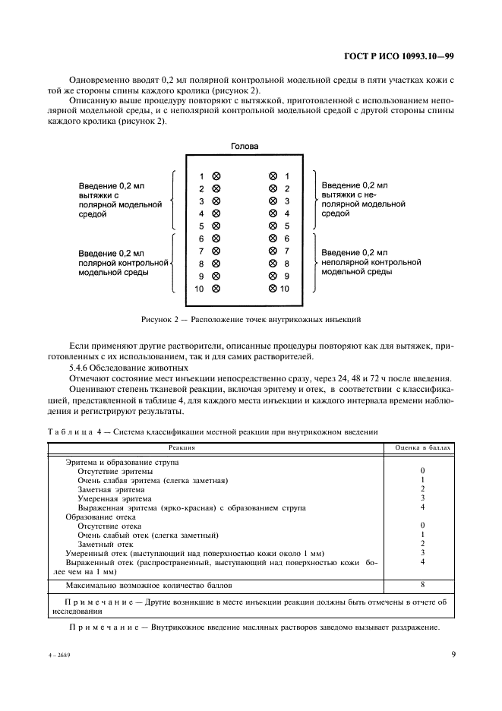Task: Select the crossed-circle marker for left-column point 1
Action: [216, 175]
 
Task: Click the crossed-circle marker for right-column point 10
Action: [273, 289]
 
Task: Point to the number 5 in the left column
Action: [201, 226]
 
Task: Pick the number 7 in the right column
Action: [286, 251]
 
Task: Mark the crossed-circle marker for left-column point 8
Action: [216, 264]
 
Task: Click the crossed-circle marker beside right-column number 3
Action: [273, 201]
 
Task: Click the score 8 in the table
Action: [422, 585]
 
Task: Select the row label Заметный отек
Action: [106, 544]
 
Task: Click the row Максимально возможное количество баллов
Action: [148, 586]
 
